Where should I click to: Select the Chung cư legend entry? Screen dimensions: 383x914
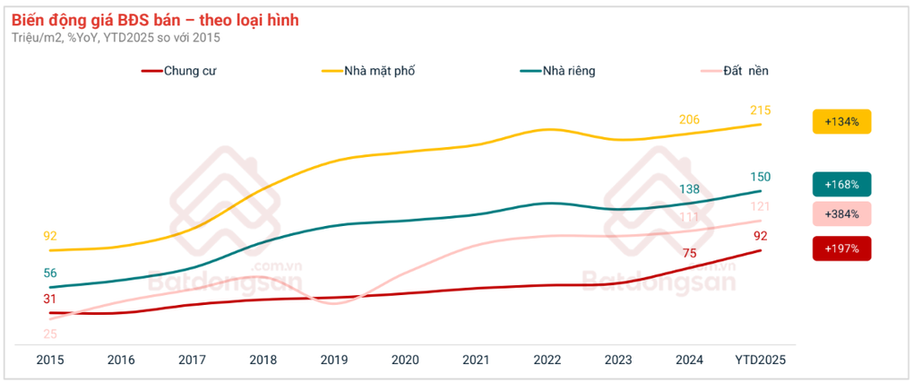click(x=189, y=71)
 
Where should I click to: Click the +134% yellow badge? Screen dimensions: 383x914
click(x=841, y=121)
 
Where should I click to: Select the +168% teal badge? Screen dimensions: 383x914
click(x=841, y=185)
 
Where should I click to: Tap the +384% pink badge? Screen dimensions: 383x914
click(x=841, y=214)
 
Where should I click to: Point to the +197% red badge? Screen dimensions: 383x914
click(x=841, y=248)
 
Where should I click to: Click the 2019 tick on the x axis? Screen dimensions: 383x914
click(x=334, y=360)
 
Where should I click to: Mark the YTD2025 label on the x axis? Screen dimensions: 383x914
click(x=761, y=360)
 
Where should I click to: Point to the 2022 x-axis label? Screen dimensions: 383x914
click(x=548, y=360)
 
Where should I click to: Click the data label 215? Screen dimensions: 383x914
click(x=761, y=110)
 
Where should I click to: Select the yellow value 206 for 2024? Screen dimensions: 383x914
click(x=689, y=119)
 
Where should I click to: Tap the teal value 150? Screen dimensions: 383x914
click(x=761, y=177)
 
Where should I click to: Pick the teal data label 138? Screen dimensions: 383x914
click(x=689, y=189)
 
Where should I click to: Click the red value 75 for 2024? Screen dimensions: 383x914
click(x=689, y=254)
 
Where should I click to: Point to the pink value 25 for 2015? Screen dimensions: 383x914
click(x=50, y=335)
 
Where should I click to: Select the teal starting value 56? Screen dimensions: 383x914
click(x=50, y=274)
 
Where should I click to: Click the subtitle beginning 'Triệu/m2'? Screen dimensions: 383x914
click(x=116, y=38)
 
